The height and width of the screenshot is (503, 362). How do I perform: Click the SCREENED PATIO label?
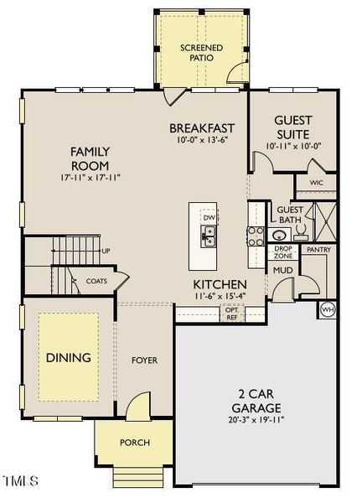click(201, 53)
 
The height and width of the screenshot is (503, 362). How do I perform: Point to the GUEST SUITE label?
click(292, 127)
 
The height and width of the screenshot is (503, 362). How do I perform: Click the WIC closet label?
click(316, 182)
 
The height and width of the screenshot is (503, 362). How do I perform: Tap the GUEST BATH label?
click(290, 215)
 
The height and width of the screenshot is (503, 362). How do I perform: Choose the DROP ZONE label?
click(282, 251)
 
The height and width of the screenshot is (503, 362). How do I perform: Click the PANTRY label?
click(318, 249)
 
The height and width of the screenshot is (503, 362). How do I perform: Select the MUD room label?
click(282, 271)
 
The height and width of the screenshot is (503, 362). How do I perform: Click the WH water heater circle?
click(327, 310)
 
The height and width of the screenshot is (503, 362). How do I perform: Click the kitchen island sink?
click(209, 237)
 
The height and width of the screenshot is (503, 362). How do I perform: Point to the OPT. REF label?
click(232, 313)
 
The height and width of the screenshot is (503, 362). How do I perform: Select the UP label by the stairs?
click(106, 250)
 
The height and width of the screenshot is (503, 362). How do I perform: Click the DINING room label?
click(69, 358)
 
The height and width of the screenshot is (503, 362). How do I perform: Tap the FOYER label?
click(144, 360)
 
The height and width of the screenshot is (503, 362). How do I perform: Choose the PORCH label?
click(135, 442)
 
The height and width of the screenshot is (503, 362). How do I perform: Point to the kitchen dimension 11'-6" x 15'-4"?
click(220, 295)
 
